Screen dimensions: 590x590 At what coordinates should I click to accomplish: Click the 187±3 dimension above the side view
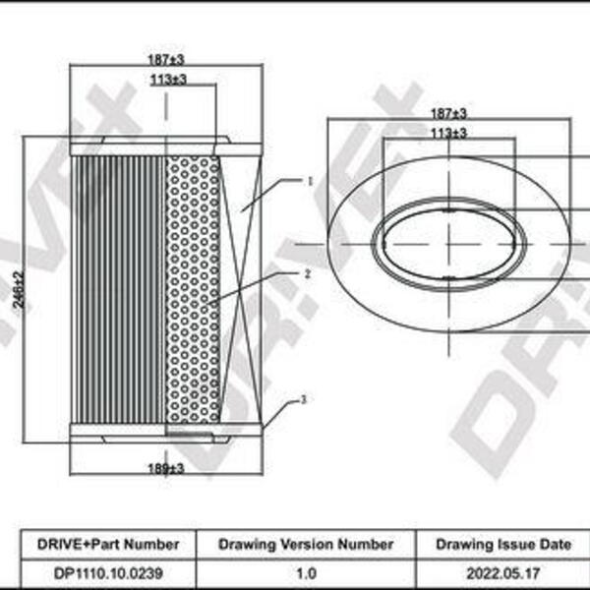coord(166,59)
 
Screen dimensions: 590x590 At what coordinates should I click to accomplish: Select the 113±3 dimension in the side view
coord(168,80)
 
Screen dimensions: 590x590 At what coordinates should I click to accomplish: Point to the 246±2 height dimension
coord(19,290)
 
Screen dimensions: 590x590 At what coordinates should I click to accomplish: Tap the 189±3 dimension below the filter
coord(166,468)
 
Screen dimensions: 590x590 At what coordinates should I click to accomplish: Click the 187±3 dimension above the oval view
coord(448,113)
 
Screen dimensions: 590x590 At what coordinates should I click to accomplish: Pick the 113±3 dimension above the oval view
coord(448,133)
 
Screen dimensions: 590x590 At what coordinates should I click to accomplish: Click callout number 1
coord(310,182)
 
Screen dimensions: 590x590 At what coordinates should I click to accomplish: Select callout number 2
coord(308,274)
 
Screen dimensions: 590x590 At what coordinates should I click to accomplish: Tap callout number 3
coord(304,399)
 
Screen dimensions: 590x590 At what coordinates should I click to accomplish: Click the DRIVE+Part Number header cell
coord(108,544)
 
